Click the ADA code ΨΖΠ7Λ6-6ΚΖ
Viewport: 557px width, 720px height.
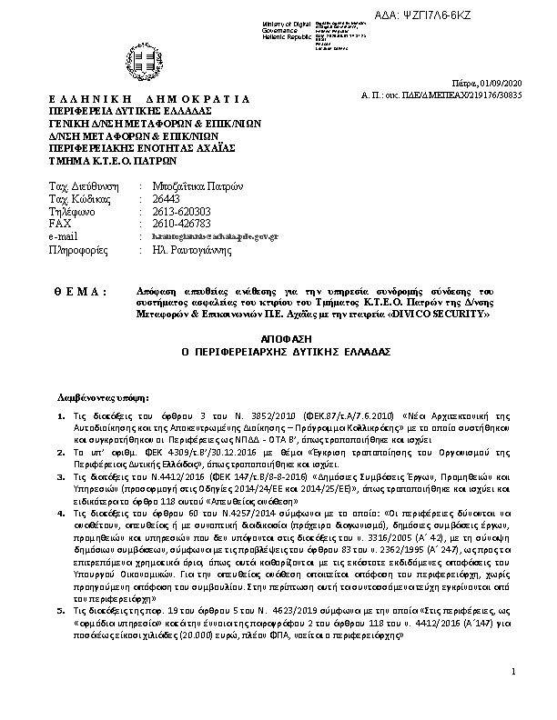tap(460, 8)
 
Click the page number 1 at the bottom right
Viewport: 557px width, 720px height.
tap(513, 697)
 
